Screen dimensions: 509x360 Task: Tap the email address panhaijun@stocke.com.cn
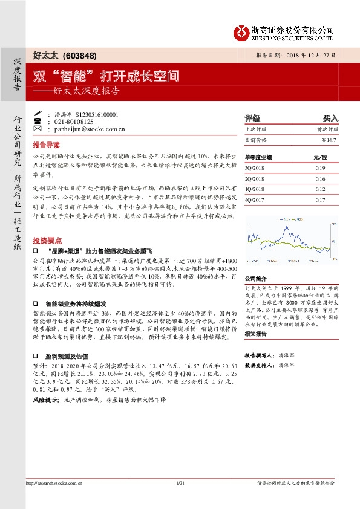coord(85,129)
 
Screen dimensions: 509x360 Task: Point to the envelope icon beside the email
coord(39,129)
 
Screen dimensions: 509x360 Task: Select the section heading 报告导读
coord(46,146)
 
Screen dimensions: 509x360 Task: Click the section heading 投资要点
coord(46,239)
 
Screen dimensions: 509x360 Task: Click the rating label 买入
coord(330,118)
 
